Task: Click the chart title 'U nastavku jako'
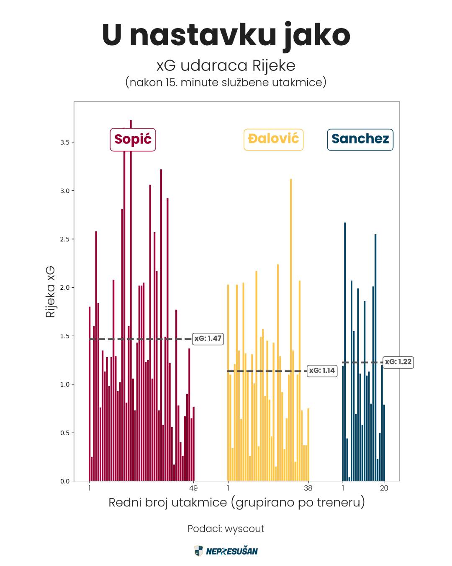(x=226, y=35)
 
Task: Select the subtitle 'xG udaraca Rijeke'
(x=226, y=66)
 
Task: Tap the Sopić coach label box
(x=133, y=140)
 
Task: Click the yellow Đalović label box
(x=273, y=139)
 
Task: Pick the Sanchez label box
(x=360, y=139)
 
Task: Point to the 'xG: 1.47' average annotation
(x=208, y=339)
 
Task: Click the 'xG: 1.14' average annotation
(x=322, y=371)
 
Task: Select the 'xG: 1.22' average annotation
(x=398, y=362)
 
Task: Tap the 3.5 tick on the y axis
(x=65, y=143)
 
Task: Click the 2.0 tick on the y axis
(x=65, y=288)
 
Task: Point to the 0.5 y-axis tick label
(x=65, y=433)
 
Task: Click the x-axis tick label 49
(x=193, y=488)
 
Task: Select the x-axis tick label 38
(x=308, y=488)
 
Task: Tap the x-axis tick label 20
(x=384, y=488)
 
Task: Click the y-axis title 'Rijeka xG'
(x=50, y=291)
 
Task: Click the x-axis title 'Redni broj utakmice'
(x=236, y=502)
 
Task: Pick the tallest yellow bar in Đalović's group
(x=291, y=327)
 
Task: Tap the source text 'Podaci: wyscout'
(x=226, y=529)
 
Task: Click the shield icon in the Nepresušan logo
(x=199, y=551)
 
